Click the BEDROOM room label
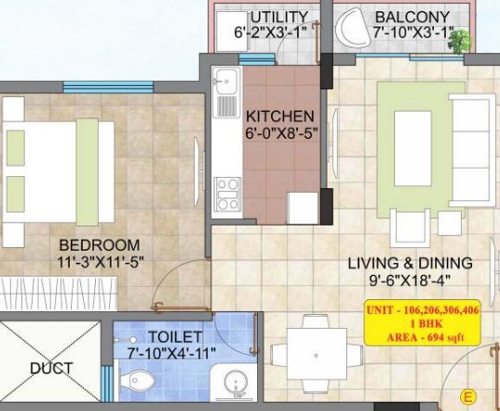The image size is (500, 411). click(100, 245)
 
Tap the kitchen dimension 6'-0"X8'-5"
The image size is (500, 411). click(281, 132)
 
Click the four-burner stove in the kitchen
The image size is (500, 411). click(228, 195)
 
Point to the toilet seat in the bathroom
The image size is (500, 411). click(138, 380)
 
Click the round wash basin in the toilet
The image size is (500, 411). click(236, 381)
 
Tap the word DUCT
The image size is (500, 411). click(51, 368)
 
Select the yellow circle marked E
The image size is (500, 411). click(468, 397)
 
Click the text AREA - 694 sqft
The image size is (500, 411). click(426, 337)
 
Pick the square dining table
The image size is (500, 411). click(317, 354)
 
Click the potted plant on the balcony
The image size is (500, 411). click(459, 42)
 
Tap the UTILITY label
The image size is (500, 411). click(279, 17)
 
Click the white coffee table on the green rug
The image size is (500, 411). click(412, 148)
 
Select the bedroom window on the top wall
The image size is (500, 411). click(108, 87)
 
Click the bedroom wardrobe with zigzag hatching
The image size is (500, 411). click(59, 294)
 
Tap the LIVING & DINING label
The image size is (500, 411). click(410, 263)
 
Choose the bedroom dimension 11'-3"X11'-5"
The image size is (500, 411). click(101, 263)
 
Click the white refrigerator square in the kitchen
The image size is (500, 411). click(303, 208)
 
